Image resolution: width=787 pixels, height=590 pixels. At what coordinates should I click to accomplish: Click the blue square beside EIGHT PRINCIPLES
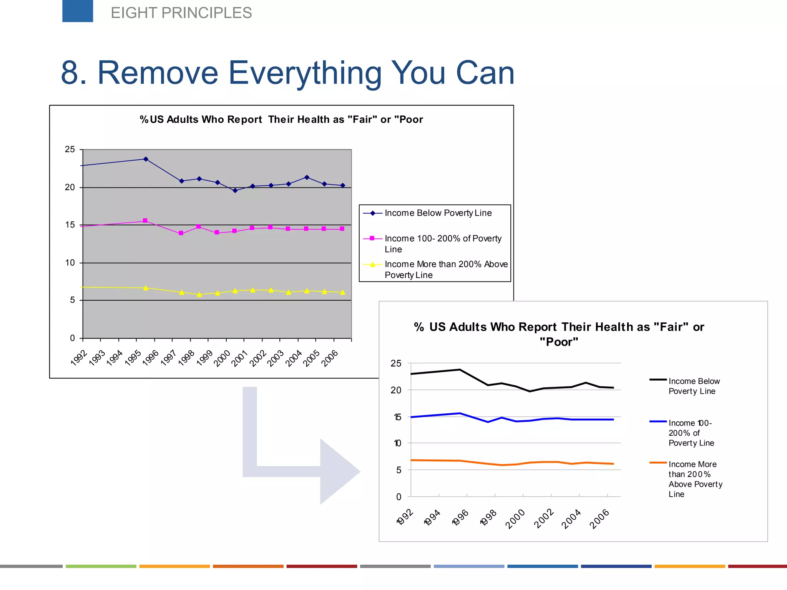(x=78, y=11)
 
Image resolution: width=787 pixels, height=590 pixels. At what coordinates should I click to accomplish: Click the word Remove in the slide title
(x=158, y=73)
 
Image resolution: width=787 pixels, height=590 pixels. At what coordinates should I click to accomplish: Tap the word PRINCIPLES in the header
(x=206, y=13)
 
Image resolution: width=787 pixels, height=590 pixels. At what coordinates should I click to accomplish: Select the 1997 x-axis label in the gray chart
(x=168, y=358)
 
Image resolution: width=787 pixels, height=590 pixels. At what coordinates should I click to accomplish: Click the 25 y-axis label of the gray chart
(x=70, y=149)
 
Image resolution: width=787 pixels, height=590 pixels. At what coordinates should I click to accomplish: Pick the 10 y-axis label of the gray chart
(x=70, y=263)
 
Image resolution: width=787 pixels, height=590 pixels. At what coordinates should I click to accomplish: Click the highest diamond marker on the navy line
(x=146, y=159)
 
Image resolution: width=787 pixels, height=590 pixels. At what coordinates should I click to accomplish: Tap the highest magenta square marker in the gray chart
(x=145, y=221)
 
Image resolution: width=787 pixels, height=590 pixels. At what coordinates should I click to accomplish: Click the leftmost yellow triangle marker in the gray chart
(x=146, y=288)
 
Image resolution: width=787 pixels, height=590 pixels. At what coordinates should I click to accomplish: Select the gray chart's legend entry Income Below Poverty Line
(x=438, y=213)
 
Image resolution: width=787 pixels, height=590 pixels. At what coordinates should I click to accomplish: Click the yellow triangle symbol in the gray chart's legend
(x=372, y=265)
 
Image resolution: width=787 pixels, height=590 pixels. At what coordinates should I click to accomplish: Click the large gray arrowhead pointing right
(x=338, y=472)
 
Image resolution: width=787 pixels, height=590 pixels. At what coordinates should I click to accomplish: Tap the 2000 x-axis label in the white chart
(x=515, y=519)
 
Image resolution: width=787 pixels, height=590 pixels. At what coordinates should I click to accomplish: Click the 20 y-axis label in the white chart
(x=396, y=390)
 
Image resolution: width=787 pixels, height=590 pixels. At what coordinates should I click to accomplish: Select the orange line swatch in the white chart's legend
(x=658, y=463)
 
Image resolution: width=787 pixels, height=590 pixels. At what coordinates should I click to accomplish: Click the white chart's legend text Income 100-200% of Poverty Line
(x=691, y=433)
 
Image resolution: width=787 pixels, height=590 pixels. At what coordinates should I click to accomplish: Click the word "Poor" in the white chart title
(x=559, y=342)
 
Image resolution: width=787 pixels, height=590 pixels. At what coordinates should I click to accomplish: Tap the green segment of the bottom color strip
(x=101, y=566)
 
